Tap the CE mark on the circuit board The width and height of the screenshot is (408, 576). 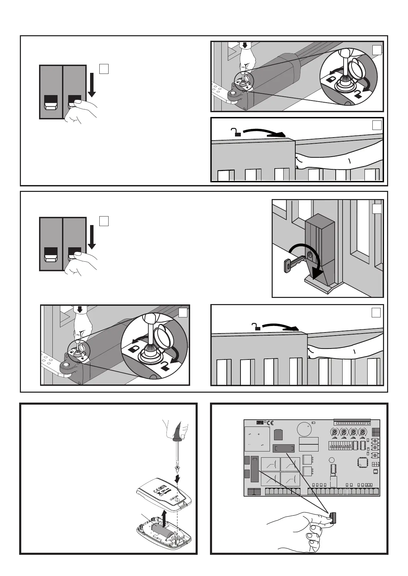pos(270,423)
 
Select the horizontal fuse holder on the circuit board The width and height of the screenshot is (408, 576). pos(283,448)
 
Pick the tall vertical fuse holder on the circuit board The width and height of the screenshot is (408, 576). pos(255,469)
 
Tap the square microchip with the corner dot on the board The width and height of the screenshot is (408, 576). pos(363,461)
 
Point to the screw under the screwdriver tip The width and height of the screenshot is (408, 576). pos(177,467)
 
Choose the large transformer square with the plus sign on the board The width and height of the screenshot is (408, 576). pos(257,439)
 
